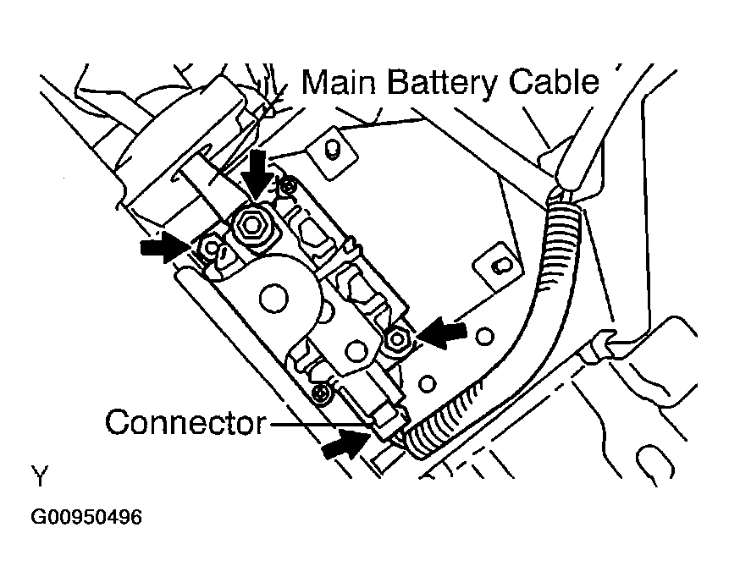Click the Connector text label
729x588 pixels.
click(185, 422)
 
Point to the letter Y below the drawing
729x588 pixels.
click(40, 477)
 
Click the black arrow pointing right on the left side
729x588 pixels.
click(166, 245)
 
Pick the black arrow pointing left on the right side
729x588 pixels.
click(443, 332)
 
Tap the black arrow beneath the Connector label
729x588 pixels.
click(346, 443)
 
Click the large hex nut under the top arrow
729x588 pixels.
click(251, 224)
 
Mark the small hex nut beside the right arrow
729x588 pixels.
click(395, 340)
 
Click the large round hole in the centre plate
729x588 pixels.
click(272, 296)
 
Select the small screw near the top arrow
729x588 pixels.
click(290, 184)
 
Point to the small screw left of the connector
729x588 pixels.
click(321, 393)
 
